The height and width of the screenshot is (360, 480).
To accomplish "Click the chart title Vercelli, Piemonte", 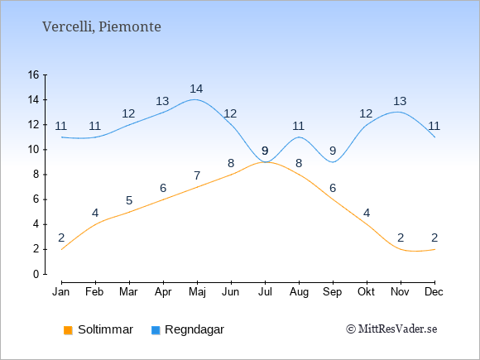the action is (102, 27).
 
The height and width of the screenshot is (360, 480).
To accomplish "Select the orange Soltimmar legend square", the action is (68, 330).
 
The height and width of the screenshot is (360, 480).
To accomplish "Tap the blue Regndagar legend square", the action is (156, 330).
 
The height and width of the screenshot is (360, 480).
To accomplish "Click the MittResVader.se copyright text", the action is (391, 329).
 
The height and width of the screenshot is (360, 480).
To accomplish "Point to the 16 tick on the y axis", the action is (34, 74).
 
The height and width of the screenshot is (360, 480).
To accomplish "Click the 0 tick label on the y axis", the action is (36, 274).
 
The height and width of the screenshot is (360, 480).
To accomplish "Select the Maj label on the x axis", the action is (197, 292).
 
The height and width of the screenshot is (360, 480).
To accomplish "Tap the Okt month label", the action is (366, 292).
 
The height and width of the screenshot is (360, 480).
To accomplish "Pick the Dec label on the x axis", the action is (434, 292).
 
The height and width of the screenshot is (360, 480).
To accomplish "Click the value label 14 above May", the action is (196, 89).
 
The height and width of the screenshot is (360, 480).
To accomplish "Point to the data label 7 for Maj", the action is (197, 175).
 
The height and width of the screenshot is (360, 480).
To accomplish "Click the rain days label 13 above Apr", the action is (162, 101).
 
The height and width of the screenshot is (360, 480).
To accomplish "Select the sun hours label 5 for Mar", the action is (129, 200).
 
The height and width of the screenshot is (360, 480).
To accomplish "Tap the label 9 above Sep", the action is (333, 151).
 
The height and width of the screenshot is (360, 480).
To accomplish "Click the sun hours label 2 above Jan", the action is (61, 238).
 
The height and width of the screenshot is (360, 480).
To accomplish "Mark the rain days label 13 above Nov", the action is (400, 101).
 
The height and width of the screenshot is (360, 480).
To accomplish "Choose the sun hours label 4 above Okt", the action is (367, 213).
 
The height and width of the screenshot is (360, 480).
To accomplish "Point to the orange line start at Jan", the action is (62, 249).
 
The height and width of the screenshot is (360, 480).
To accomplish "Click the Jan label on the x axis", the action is (61, 292).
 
